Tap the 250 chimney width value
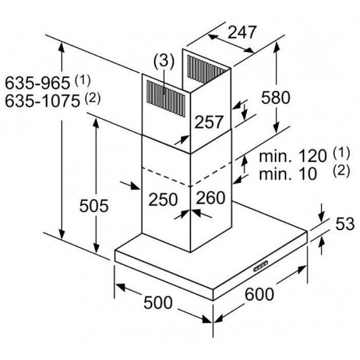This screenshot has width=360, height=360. point(163,198)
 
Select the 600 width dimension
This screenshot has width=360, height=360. point(259,294)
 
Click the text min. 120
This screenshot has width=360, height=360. point(292,155)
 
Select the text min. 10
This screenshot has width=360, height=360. point(288,173)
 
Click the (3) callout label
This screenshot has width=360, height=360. point(163,61)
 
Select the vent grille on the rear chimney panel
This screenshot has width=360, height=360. point(205,68)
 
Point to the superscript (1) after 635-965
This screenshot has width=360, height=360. point(82,78)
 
